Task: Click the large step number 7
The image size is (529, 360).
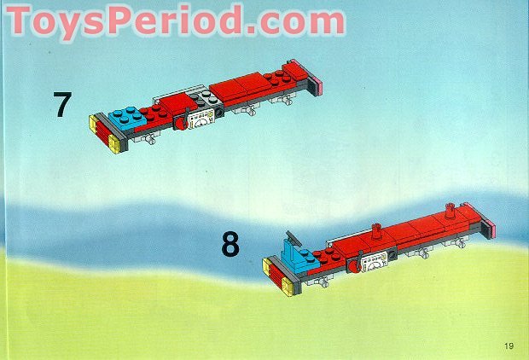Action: [62, 105]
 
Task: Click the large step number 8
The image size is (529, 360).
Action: [230, 243]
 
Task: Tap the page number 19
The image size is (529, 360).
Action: [509, 345]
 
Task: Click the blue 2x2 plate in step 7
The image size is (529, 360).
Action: [127, 118]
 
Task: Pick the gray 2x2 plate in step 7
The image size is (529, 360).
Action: [205, 99]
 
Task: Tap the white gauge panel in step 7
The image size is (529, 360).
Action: [201, 119]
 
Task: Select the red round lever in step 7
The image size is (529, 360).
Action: [181, 123]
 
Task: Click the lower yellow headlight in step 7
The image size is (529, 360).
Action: [114, 144]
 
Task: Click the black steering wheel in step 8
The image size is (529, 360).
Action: [293, 237]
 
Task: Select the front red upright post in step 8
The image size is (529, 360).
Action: [376, 231]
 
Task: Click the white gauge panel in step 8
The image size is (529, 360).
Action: [374, 262]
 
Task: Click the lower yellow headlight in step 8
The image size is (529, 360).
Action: [288, 287]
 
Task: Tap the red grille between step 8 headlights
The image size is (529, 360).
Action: [275, 277]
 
